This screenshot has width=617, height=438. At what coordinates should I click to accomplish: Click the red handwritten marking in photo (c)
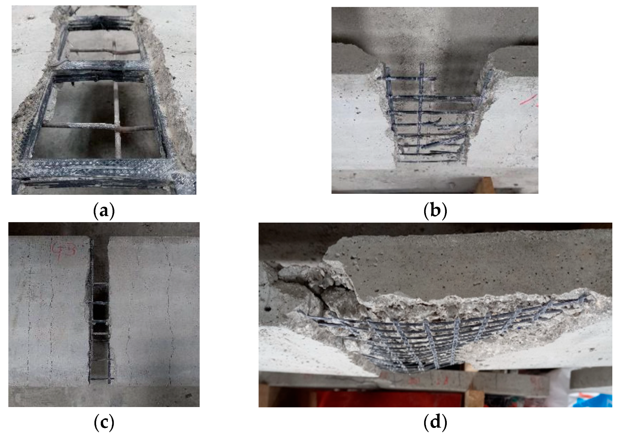click(64, 250)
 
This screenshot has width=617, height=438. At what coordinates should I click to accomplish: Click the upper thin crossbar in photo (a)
click(104, 52)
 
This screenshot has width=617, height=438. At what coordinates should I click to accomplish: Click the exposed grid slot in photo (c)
click(100, 324)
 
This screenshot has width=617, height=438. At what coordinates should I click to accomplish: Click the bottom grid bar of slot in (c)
click(100, 378)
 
